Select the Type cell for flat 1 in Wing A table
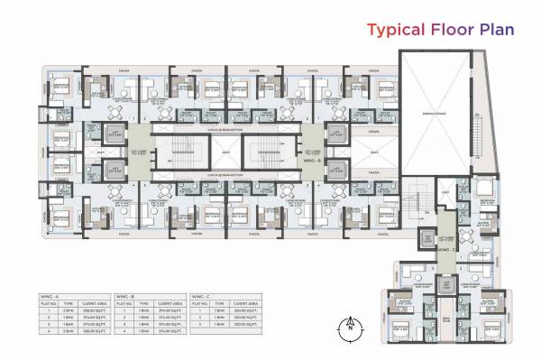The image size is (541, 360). pos(69,310)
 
